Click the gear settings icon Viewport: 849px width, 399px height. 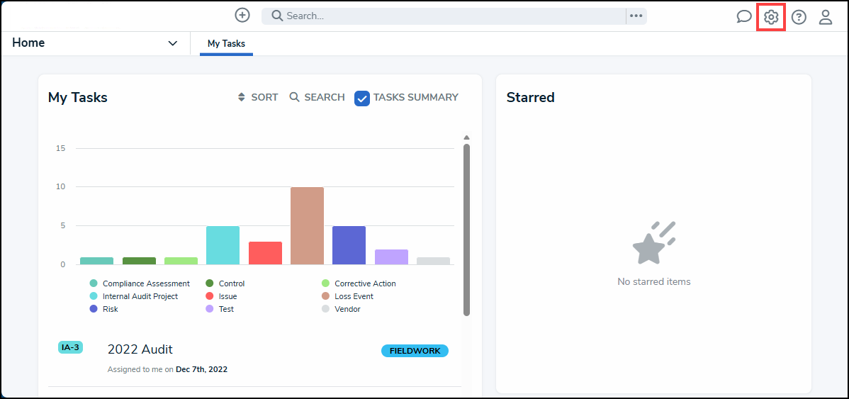[x=771, y=17]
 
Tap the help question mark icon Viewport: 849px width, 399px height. [x=799, y=17]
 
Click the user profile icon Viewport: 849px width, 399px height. [x=826, y=17]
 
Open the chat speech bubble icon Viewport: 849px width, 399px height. [x=743, y=17]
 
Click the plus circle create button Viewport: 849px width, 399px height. [x=242, y=15]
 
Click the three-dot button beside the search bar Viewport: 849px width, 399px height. [x=636, y=16]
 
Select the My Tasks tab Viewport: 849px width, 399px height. [x=226, y=44]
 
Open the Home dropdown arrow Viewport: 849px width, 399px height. [x=172, y=43]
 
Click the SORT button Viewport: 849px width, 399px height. [x=258, y=97]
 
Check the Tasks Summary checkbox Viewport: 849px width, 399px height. [x=362, y=99]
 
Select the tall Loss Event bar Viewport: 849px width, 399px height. [x=307, y=225]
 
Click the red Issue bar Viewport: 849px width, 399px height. [x=265, y=253]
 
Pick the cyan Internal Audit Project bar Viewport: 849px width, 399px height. [x=223, y=245]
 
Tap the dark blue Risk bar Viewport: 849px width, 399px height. [x=349, y=245]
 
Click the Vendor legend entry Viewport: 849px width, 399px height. [x=347, y=309]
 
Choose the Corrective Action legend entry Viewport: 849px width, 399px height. [x=365, y=283]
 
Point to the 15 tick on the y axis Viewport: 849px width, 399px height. [x=60, y=148]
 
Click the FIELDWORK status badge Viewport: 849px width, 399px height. [x=415, y=351]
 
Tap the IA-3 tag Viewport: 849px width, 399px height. [x=70, y=347]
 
